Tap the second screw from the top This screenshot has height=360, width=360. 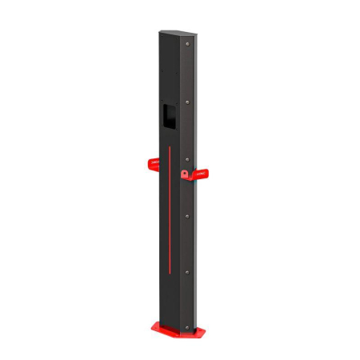(189, 102)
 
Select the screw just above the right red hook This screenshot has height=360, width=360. (188, 158)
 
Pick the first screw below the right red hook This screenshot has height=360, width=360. (188, 215)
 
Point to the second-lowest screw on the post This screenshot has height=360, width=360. (188, 272)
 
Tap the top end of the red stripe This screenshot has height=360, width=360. (170, 146)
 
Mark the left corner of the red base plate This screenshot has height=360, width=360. (151, 326)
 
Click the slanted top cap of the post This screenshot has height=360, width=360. (178, 33)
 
